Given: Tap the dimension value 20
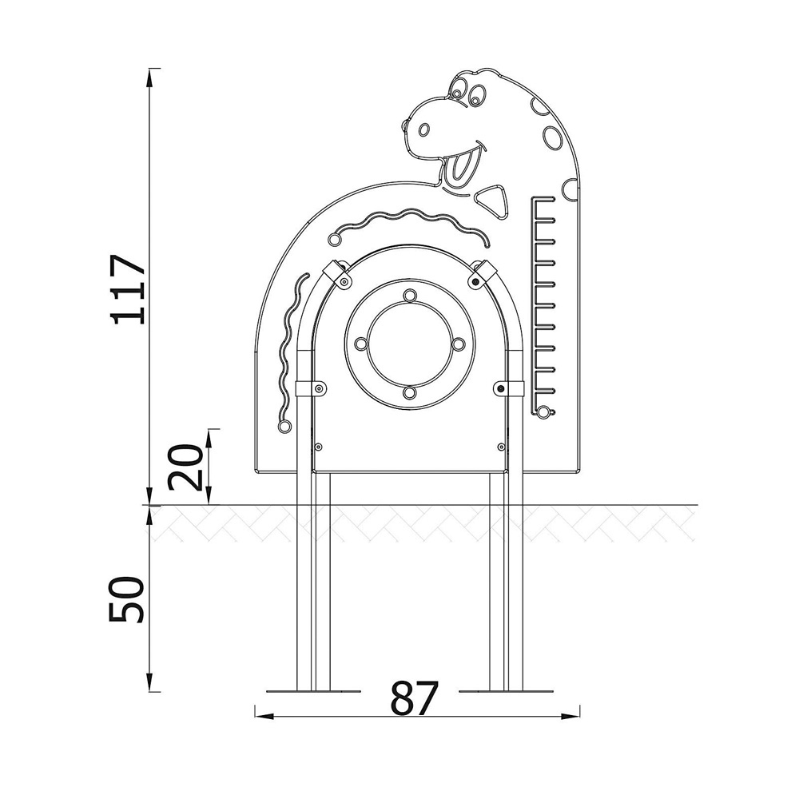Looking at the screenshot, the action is tap(185, 467).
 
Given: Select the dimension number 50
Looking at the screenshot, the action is tap(125, 600).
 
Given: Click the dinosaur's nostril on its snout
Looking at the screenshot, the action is tap(424, 130).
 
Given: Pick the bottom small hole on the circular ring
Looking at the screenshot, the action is tap(410, 392).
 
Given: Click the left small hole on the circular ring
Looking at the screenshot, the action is tap(361, 344).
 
